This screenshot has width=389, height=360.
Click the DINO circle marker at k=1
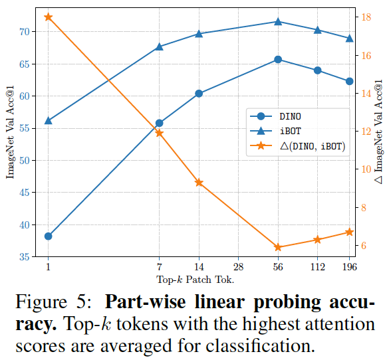[48, 236]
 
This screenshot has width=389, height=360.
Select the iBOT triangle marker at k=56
[278, 21]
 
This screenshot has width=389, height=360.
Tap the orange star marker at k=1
[48, 17]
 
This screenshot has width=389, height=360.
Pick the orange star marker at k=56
[278, 247]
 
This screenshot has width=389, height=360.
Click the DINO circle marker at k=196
[350, 81]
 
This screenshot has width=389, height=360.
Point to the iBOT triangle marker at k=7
[159, 46]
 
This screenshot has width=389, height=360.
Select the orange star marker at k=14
[199, 182]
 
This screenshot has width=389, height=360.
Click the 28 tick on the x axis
[238, 267]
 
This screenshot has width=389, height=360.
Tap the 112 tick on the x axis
[317, 267]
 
